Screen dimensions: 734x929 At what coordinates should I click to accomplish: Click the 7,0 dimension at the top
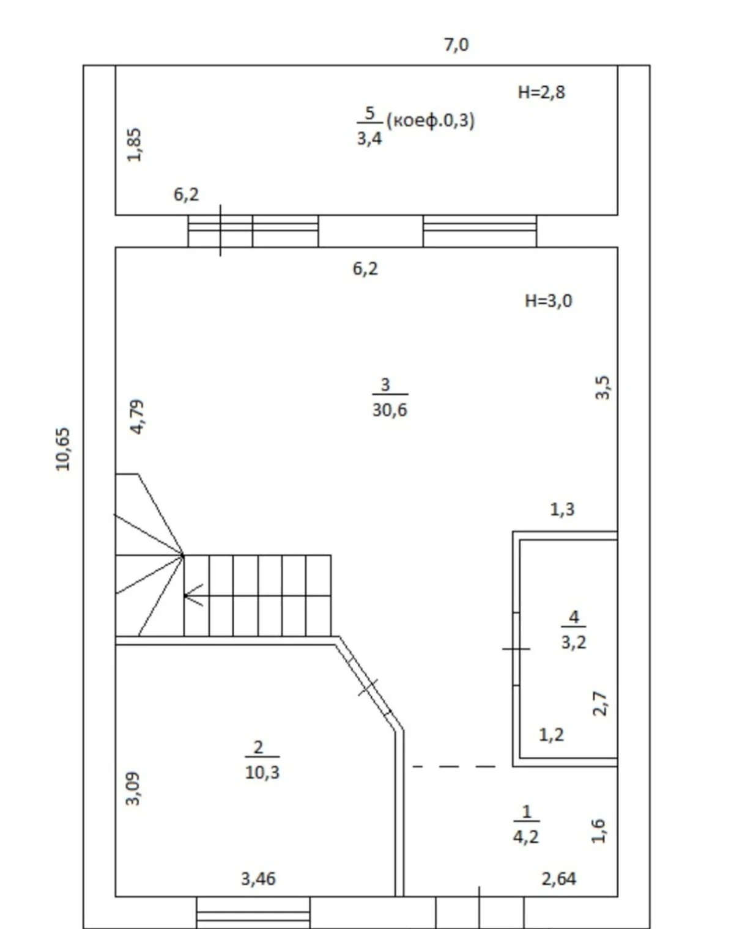456,45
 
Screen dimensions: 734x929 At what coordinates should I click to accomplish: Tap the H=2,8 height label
541,92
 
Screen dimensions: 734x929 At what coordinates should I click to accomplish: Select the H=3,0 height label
548,301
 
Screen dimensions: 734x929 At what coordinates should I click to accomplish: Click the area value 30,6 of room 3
390,409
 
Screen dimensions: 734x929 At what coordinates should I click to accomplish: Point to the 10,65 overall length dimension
63,449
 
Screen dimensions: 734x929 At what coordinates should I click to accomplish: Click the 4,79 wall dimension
138,417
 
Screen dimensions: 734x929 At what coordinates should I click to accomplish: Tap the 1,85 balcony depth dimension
135,145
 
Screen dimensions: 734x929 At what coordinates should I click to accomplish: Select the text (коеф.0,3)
431,120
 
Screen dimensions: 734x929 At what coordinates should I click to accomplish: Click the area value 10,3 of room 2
262,773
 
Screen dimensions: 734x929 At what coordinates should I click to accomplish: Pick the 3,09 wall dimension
133,788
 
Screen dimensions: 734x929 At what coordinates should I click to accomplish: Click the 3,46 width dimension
258,879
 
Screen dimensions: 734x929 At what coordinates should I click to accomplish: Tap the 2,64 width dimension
558,879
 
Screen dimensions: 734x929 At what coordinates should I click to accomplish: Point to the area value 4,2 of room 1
526,837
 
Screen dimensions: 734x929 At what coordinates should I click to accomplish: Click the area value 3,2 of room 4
574,642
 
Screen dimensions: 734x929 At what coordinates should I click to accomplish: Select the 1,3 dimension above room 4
562,509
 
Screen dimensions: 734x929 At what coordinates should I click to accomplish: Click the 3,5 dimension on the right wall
602,387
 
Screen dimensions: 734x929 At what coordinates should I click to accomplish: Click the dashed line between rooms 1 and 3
454,766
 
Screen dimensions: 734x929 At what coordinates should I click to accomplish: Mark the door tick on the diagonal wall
368,687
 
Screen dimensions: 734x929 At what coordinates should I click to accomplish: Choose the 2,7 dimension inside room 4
599,703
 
